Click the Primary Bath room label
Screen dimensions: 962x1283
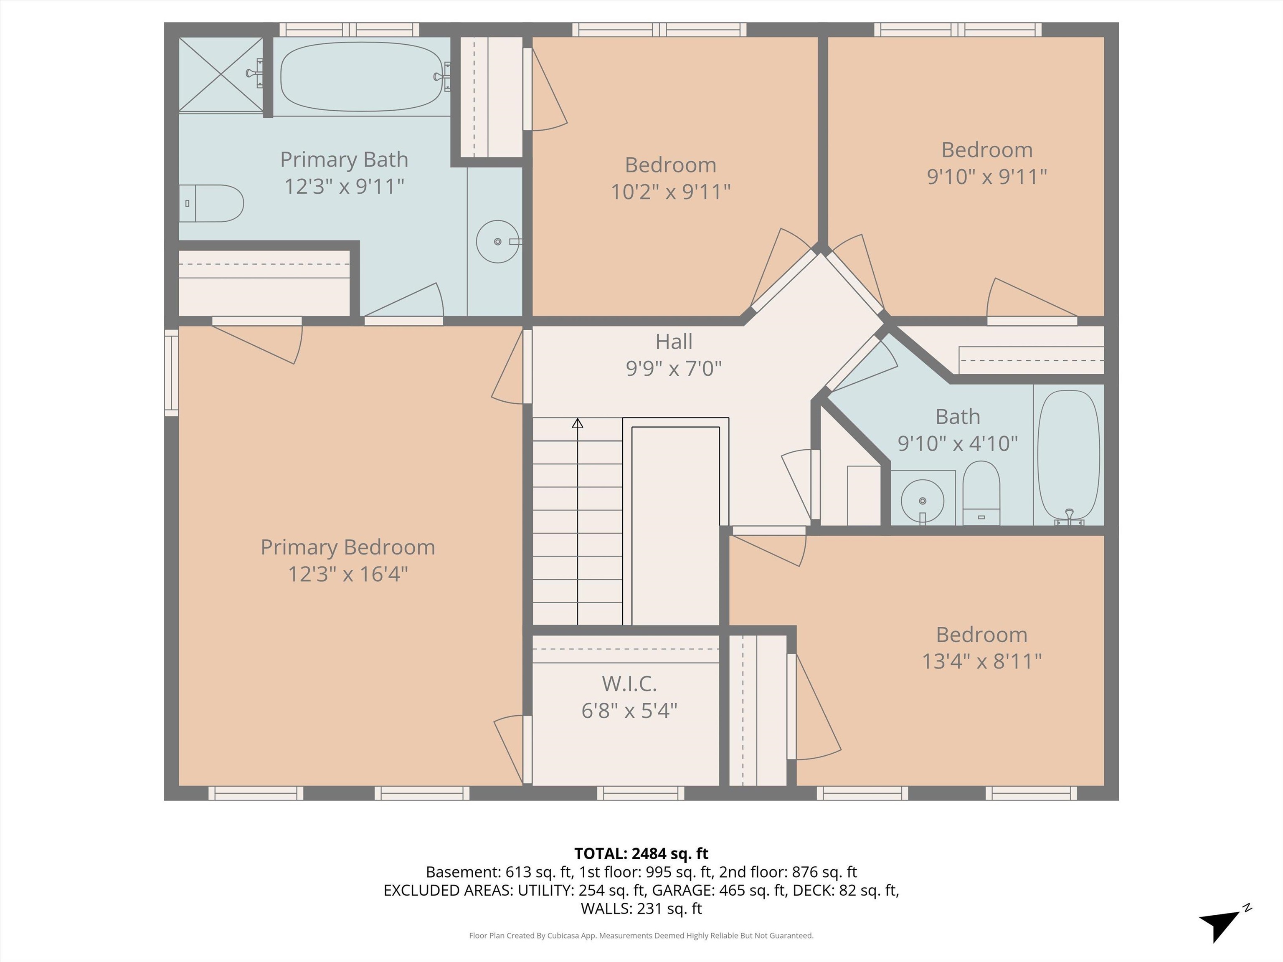click(344, 159)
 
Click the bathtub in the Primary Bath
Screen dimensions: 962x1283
click(362, 76)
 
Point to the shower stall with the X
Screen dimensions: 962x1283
click(221, 74)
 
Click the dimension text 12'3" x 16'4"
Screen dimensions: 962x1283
click(348, 574)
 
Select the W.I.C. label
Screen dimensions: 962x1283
click(629, 684)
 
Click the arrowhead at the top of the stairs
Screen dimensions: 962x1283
click(577, 424)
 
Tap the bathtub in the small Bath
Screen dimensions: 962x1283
click(1068, 455)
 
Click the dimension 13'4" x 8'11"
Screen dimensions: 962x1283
click(982, 661)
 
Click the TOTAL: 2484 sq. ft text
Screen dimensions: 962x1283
click(641, 853)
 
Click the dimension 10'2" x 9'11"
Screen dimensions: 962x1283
click(670, 191)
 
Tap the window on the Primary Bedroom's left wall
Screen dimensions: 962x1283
click(171, 372)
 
